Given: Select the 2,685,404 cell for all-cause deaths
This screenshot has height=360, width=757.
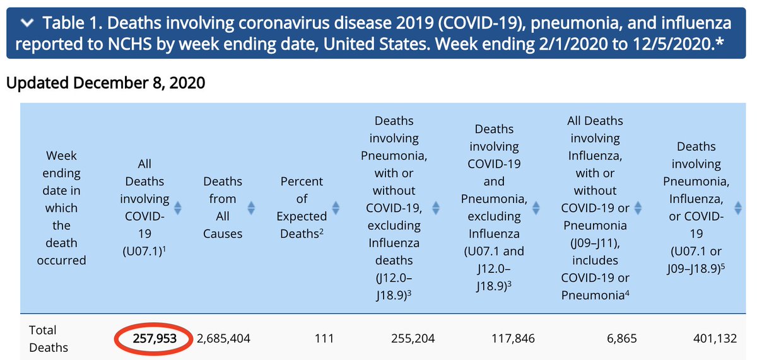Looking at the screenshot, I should coord(223,339).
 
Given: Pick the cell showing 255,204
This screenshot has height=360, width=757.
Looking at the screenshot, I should coord(413,339).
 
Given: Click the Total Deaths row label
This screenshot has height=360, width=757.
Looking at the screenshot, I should coord(43,339).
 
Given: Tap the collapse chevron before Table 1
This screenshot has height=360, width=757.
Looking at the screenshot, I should coord(27,24).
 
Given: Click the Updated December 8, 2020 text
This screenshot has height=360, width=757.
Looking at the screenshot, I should coord(105,83).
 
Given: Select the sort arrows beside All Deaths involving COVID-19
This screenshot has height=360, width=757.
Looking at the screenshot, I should coord(178,207).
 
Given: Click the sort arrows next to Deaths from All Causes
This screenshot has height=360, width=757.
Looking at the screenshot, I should coord(251,207).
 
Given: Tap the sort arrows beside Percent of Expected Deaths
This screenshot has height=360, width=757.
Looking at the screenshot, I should coord(336,207).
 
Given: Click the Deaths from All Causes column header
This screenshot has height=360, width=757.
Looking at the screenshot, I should coord(223,207).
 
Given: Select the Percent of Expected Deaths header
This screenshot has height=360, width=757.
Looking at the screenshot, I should coord(302,207).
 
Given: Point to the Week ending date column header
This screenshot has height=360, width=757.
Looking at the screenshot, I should coord(62,207).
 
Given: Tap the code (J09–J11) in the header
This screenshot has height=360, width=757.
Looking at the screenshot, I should coord(595,243).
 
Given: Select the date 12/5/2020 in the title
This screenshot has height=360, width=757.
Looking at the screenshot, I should coord(676,46).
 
